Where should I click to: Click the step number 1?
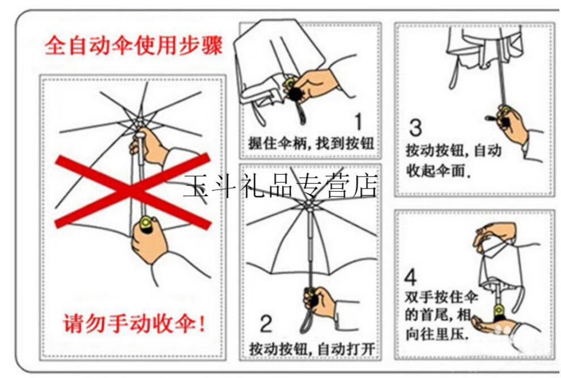[359, 121]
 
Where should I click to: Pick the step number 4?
[411, 278]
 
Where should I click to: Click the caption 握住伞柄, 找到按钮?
[311, 142]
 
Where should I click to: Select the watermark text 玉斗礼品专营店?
[280, 186]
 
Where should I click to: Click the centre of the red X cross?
[134, 190]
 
